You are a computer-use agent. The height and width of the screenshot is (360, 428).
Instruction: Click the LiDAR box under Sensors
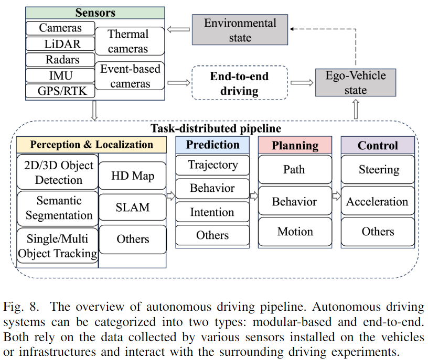[x=60, y=43]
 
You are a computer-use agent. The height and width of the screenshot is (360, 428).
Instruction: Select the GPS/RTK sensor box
[x=60, y=91]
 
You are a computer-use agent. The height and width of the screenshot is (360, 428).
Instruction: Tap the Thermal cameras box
[x=129, y=41]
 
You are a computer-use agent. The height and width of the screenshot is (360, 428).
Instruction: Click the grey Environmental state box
[x=240, y=30]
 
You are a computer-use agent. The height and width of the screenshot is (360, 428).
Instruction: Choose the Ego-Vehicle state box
[x=355, y=83]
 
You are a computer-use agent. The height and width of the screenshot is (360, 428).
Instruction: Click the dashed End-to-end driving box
[x=239, y=83]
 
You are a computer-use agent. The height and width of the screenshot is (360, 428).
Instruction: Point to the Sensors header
[x=95, y=13]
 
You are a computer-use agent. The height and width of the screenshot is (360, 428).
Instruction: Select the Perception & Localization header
[x=91, y=145]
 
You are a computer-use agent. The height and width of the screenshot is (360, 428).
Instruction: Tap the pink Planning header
[x=295, y=145]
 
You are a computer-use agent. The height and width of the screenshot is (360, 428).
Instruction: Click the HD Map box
[x=133, y=176]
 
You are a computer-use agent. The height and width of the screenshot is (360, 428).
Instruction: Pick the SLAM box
[x=133, y=208]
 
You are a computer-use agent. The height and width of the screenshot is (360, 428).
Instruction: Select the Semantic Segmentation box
[x=58, y=208]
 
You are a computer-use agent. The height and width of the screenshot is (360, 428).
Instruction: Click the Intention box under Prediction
[x=212, y=212]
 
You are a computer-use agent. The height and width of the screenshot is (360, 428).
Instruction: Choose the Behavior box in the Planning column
[x=295, y=202]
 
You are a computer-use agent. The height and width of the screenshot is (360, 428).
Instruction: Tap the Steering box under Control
[x=378, y=169]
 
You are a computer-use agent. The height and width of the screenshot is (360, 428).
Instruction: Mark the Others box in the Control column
[x=378, y=231]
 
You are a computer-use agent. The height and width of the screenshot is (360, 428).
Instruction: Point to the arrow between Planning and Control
[x=336, y=196]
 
